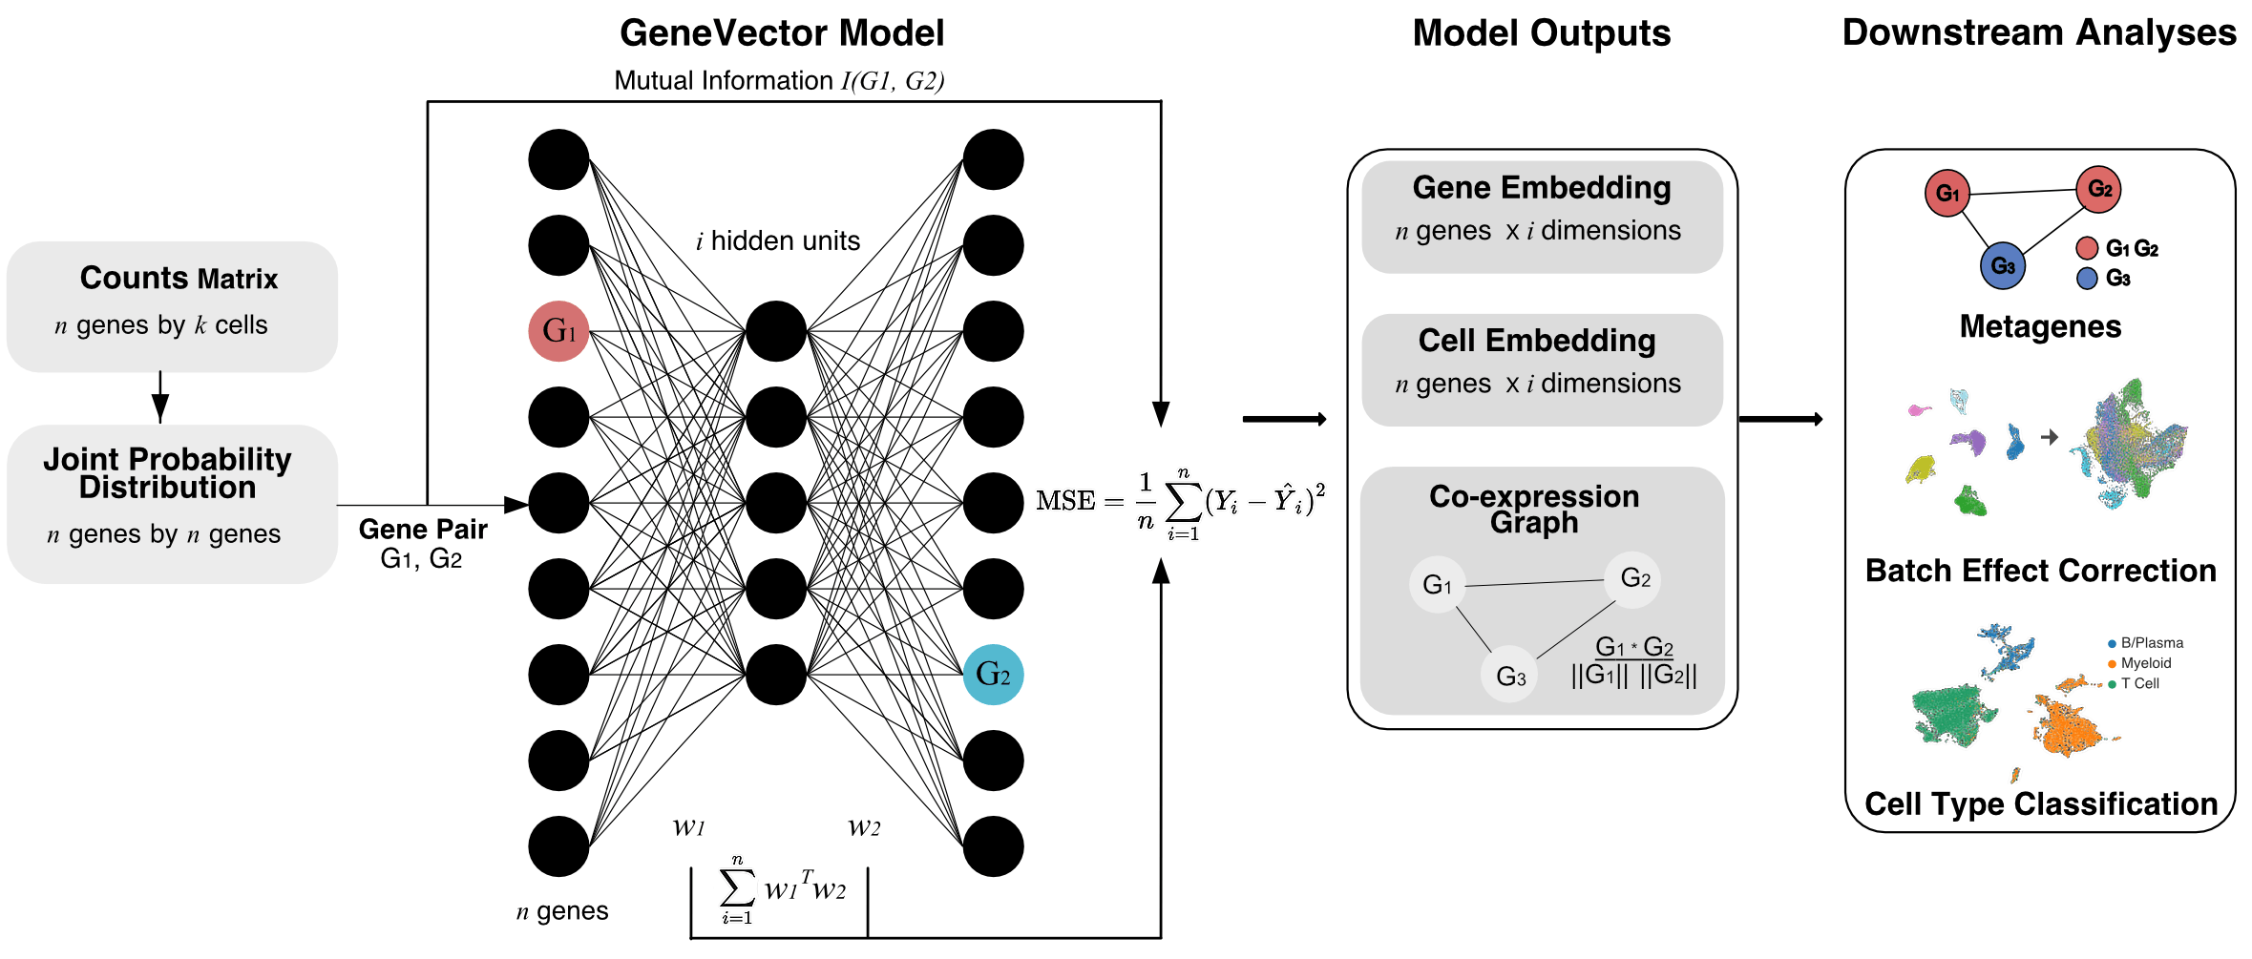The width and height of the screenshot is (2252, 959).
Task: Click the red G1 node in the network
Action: tap(558, 331)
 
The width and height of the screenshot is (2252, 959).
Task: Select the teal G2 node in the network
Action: tap(993, 675)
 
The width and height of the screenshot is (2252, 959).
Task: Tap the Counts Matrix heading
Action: tap(179, 278)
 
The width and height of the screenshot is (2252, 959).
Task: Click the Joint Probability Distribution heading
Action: tap(167, 473)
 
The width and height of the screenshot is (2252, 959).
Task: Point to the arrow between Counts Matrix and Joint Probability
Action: tap(160, 397)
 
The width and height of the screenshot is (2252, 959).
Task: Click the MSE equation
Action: tap(1181, 502)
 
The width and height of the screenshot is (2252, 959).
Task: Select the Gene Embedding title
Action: tap(1542, 188)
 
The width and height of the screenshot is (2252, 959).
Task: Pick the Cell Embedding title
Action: tap(1536, 341)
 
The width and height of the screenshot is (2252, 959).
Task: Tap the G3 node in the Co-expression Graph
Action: tap(1510, 677)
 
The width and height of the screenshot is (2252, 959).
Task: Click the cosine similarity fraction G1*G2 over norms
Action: tap(1634, 661)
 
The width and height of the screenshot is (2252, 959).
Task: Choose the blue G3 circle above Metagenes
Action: tap(2003, 266)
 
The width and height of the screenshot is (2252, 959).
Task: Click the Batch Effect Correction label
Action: tap(2040, 571)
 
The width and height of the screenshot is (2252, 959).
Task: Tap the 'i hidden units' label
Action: tap(778, 241)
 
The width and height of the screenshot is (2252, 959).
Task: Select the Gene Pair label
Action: tap(423, 530)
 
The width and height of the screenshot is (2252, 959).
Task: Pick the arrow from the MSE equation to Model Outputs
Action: tap(1284, 419)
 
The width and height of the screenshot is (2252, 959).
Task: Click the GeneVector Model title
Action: tap(782, 33)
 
